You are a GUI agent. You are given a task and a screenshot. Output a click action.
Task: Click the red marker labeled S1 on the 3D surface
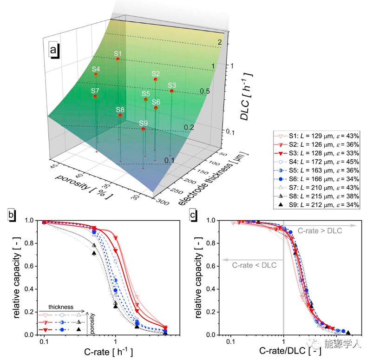[118, 59]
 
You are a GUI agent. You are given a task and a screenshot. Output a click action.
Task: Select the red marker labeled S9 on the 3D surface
[144, 129]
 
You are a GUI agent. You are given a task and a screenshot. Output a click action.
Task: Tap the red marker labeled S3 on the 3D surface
[172, 91]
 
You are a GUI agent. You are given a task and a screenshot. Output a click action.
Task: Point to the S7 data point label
[95, 90]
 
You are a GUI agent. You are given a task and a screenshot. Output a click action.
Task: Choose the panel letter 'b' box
[11, 215]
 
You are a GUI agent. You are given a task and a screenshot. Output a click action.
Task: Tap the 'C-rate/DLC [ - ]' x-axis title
[284, 350]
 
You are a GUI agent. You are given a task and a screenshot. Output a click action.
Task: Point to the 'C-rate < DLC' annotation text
[253, 265]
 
